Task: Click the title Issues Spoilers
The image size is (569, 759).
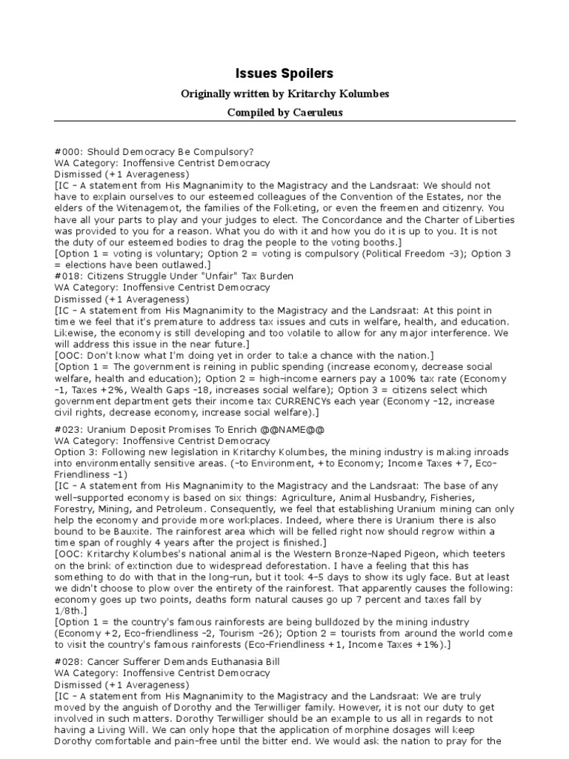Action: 284,73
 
